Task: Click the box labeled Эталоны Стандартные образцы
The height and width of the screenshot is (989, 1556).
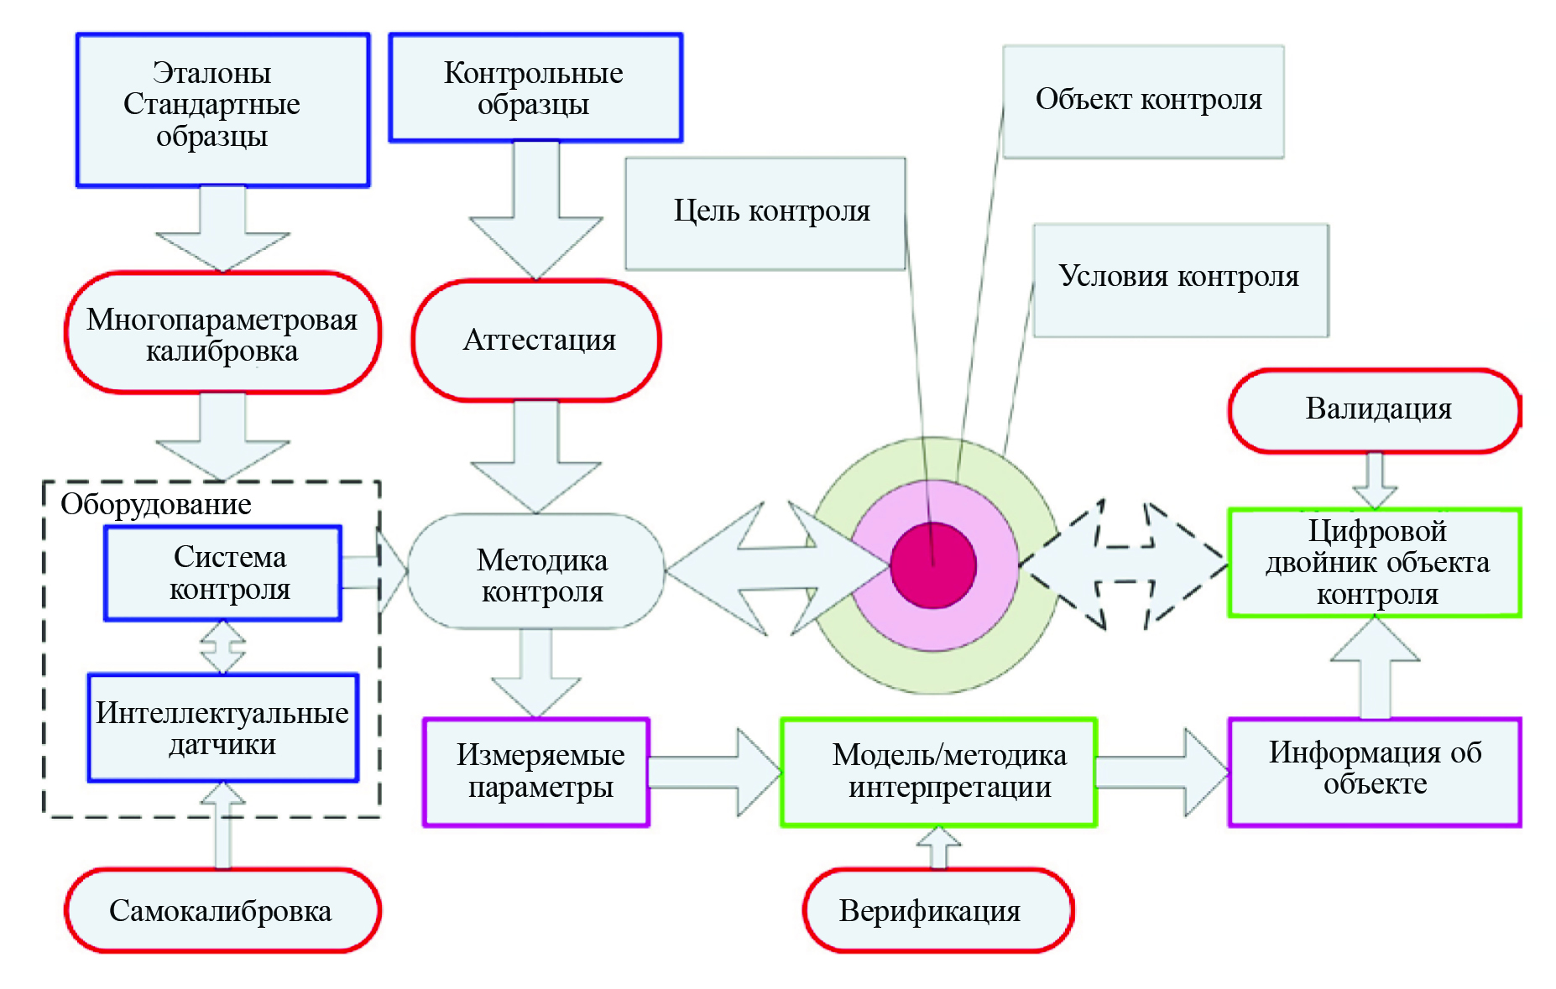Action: [x=222, y=110]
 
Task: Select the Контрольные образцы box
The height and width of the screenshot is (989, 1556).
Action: [x=535, y=88]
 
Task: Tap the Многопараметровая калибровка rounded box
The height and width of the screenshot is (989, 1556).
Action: [x=222, y=333]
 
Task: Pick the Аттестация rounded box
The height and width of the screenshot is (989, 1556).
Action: [x=536, y=341]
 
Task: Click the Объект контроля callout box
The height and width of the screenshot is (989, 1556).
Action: [x=1143, y=102]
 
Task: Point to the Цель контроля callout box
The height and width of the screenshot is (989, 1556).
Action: [x=765, y=213]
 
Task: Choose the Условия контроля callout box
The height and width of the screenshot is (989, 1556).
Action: [x=1180, y=279]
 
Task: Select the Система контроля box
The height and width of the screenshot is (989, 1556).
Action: [x=222, y=574]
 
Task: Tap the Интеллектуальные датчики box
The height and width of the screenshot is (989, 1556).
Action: [x=223, y=728]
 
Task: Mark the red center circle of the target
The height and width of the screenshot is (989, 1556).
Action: [x=933, y=565]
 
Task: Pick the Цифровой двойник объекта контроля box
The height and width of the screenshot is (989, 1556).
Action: [x=1375, y=563]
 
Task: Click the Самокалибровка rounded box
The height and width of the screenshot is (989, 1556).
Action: [x=222, y=911]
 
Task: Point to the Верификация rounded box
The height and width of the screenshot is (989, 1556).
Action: [x=938, y=911]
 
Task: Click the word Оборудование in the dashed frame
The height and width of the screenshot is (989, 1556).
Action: [x=156, y=505]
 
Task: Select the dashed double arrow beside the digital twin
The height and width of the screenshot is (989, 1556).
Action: [x=1125, y=565]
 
